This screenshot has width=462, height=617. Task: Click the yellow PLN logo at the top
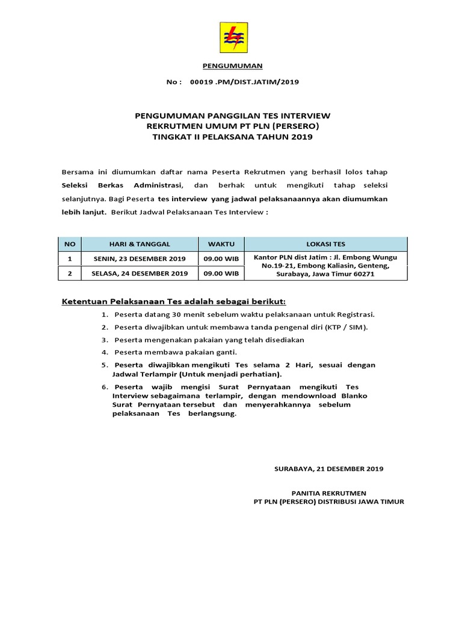pos(233,37)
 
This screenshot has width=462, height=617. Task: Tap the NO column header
pos(70,244)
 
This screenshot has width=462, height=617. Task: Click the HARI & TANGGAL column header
pos(140,244)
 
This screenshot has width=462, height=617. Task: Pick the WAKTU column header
pos(221,244)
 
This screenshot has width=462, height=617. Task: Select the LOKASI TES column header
pos(325,244)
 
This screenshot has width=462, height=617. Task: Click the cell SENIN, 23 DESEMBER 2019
pos(140,258)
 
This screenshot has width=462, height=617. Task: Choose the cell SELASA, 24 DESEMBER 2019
pos(140,273)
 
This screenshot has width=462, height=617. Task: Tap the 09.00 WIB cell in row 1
pos(221,258)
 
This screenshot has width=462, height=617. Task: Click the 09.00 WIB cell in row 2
pos(221,273)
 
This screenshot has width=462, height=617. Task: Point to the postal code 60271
pos(363,274)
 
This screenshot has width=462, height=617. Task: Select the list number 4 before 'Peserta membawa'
pos(105,352)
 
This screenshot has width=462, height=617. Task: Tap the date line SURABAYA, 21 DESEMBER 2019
pos(328,468)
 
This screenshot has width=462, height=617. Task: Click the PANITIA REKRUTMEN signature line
pos(328,493)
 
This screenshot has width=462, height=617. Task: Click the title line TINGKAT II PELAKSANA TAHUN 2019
pos(233,137)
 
